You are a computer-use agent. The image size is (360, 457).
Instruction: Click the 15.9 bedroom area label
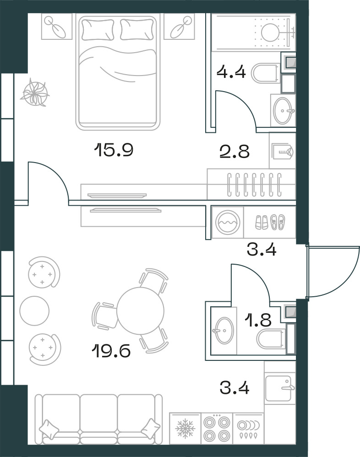[114, 150]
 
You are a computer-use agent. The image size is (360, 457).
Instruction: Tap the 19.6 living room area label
[111, 351]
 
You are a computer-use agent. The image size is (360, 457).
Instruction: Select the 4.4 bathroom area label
[231, 72]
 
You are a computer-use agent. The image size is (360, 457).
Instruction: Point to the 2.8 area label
[235, 152]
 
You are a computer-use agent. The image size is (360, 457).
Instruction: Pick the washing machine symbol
[228, 222]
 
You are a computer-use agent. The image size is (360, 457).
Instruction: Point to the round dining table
[141, 310]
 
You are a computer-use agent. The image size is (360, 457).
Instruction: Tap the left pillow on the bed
[98, 29]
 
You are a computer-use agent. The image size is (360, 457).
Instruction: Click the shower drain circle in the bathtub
[270, 32]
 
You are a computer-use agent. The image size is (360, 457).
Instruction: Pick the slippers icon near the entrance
[270, 222]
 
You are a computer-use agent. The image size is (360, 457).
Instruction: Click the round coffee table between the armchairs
[34, 310]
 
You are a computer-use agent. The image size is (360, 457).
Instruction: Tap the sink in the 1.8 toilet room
[224, 330]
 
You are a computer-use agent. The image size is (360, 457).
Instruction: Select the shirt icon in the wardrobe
[282, 152]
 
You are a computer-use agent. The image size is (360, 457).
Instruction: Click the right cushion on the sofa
[151, 427]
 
